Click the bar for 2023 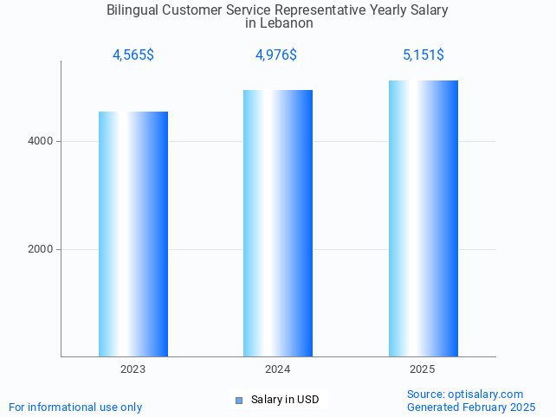point(133,234)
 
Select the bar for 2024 point(278,222)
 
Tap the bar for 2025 point(423,218)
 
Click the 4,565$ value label point(133,55)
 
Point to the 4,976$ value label point(276,55)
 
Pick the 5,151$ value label point(423,55)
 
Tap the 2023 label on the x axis point(133,369)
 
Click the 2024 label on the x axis point(278,369)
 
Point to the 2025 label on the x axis point(423,369)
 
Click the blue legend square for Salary point(239,400)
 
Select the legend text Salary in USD point(285,400)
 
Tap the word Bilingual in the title point(135,10)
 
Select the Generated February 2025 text point(471,407)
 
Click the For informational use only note point(75,407)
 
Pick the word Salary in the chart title point(430,10)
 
